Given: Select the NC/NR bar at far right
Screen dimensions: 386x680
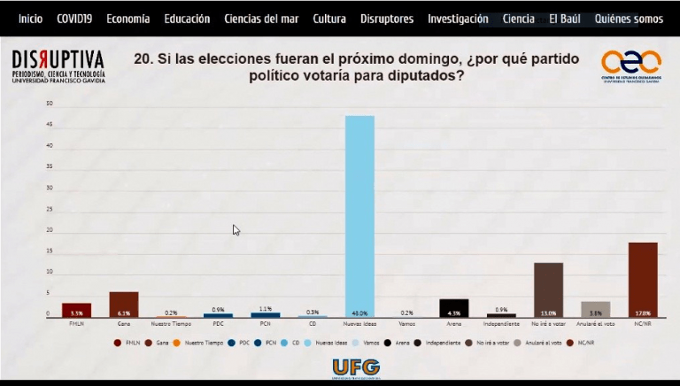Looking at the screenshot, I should pyautogui.click(x=643, y=279).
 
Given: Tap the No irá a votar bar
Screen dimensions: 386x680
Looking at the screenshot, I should pyautogui.click(x=548, y=289).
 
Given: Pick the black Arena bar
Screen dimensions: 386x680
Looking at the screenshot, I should pyautogui.click(x=454, y=307).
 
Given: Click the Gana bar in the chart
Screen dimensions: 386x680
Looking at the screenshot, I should pyautogui.click(x=124, y=304).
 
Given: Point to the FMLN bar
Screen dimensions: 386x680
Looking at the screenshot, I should pyautogui.click(x=77, y=309).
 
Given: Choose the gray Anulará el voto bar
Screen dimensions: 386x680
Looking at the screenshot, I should pyautogui.click(x=596, y=309).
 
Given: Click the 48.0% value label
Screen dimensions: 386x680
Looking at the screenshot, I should pyautogui.click(x=359, y=313).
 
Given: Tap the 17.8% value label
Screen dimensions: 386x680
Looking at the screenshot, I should pyautogui.click(x=643, y=313).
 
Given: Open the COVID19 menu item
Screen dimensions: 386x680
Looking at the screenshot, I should pyautogui.click(x=74, y=19).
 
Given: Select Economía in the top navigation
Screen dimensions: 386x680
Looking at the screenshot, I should pyautogui.click(x=128, y=19).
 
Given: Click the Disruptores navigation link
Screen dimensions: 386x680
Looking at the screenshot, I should pyautogui.click(x=387, y=19).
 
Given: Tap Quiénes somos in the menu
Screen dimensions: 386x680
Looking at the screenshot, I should pyautogui.click(x=629, y=19).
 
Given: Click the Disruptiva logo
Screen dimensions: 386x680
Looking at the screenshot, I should pyautogui.click(x=58, y=66).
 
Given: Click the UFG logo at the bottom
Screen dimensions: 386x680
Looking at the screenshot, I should pyautogui.click(x=356, y=367).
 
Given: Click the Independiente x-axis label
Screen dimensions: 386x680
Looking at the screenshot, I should pyautogui.click(x=501, y=325).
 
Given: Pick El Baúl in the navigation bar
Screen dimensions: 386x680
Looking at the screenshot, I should pyautogui.click(x=564, y=19).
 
